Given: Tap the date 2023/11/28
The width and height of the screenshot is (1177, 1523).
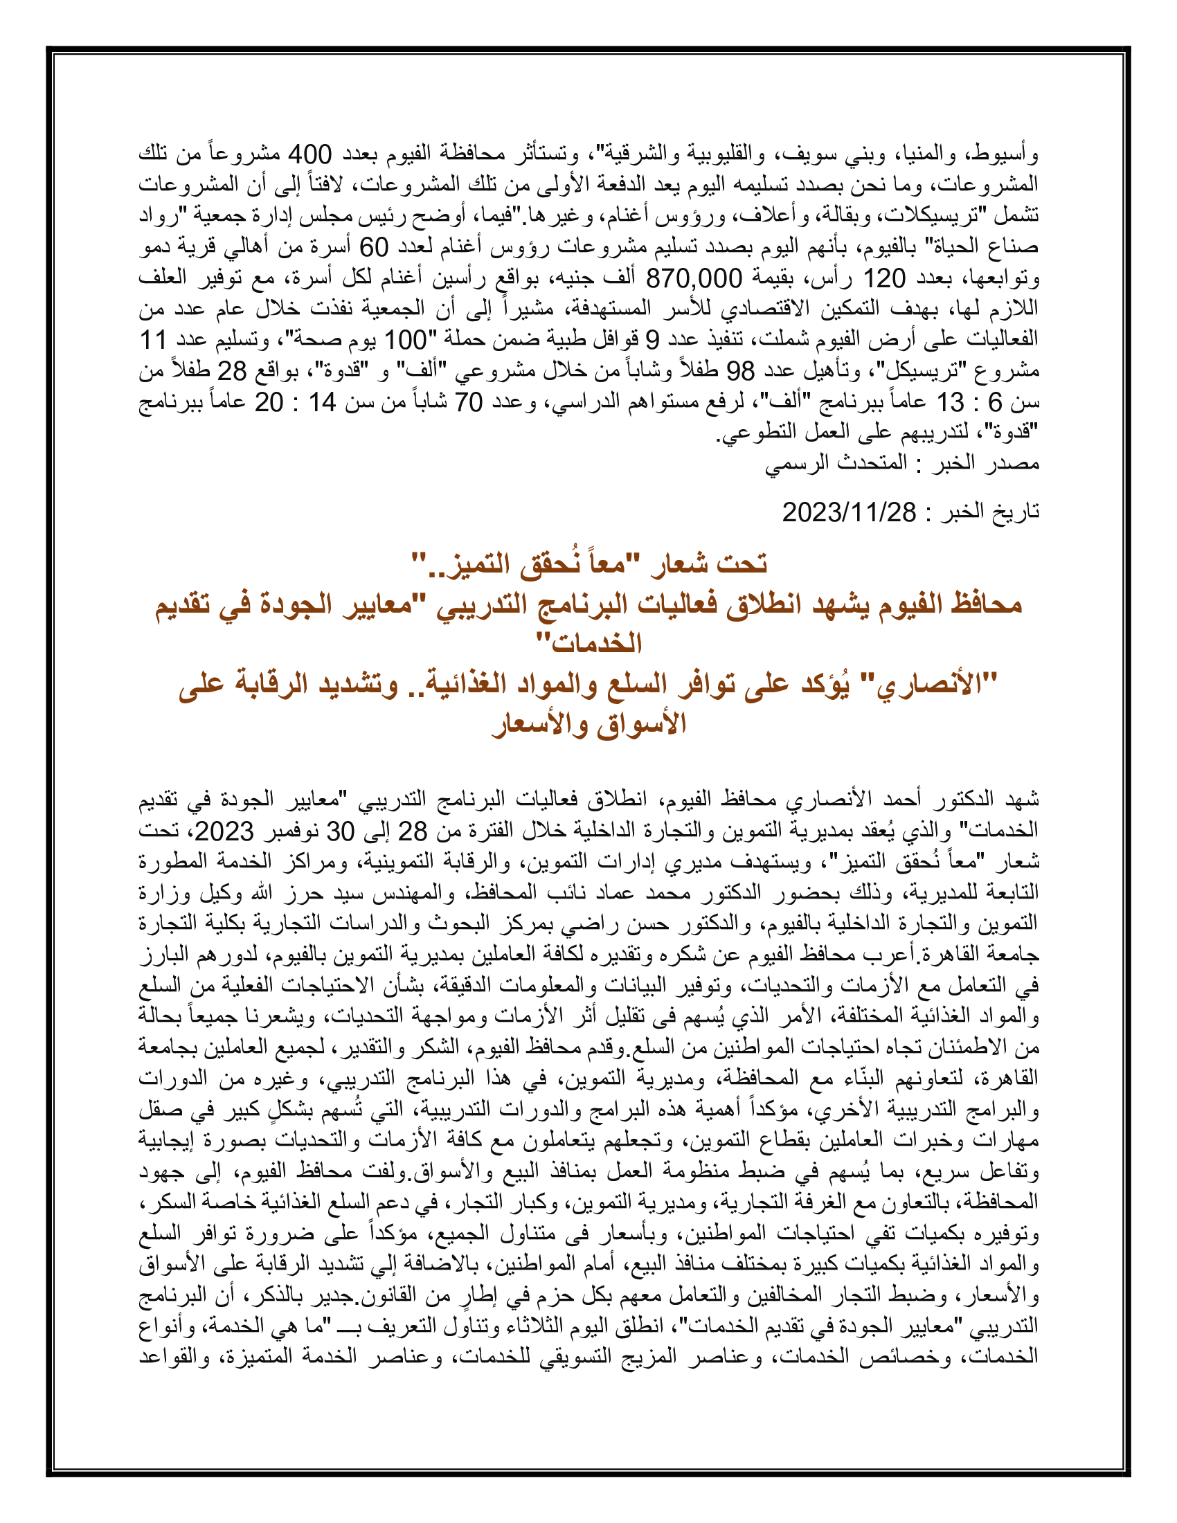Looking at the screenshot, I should (849, 512).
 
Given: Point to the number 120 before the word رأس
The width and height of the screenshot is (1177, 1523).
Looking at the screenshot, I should (885, 279).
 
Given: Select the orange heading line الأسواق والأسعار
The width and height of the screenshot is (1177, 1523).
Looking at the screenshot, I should (589, 725).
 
